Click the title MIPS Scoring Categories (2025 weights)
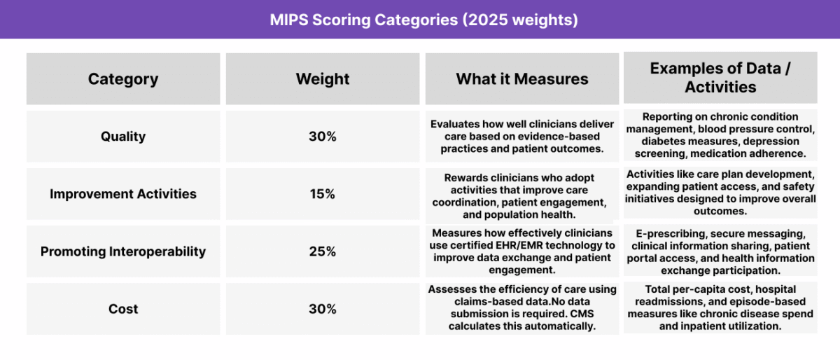coord(423,20)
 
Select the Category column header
coord(123,79)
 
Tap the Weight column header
coord(323,79)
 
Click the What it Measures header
coord(522,79)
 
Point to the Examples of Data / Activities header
coord(720,78)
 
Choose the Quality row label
coord(123,137)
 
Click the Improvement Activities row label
coord(123,194)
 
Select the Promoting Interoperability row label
coord(123,251)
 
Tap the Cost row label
coord(123,309)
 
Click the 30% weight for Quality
coord(323,137)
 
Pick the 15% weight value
coord(323,194)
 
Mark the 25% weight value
coord(323,251)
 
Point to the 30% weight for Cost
coord(323,309)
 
